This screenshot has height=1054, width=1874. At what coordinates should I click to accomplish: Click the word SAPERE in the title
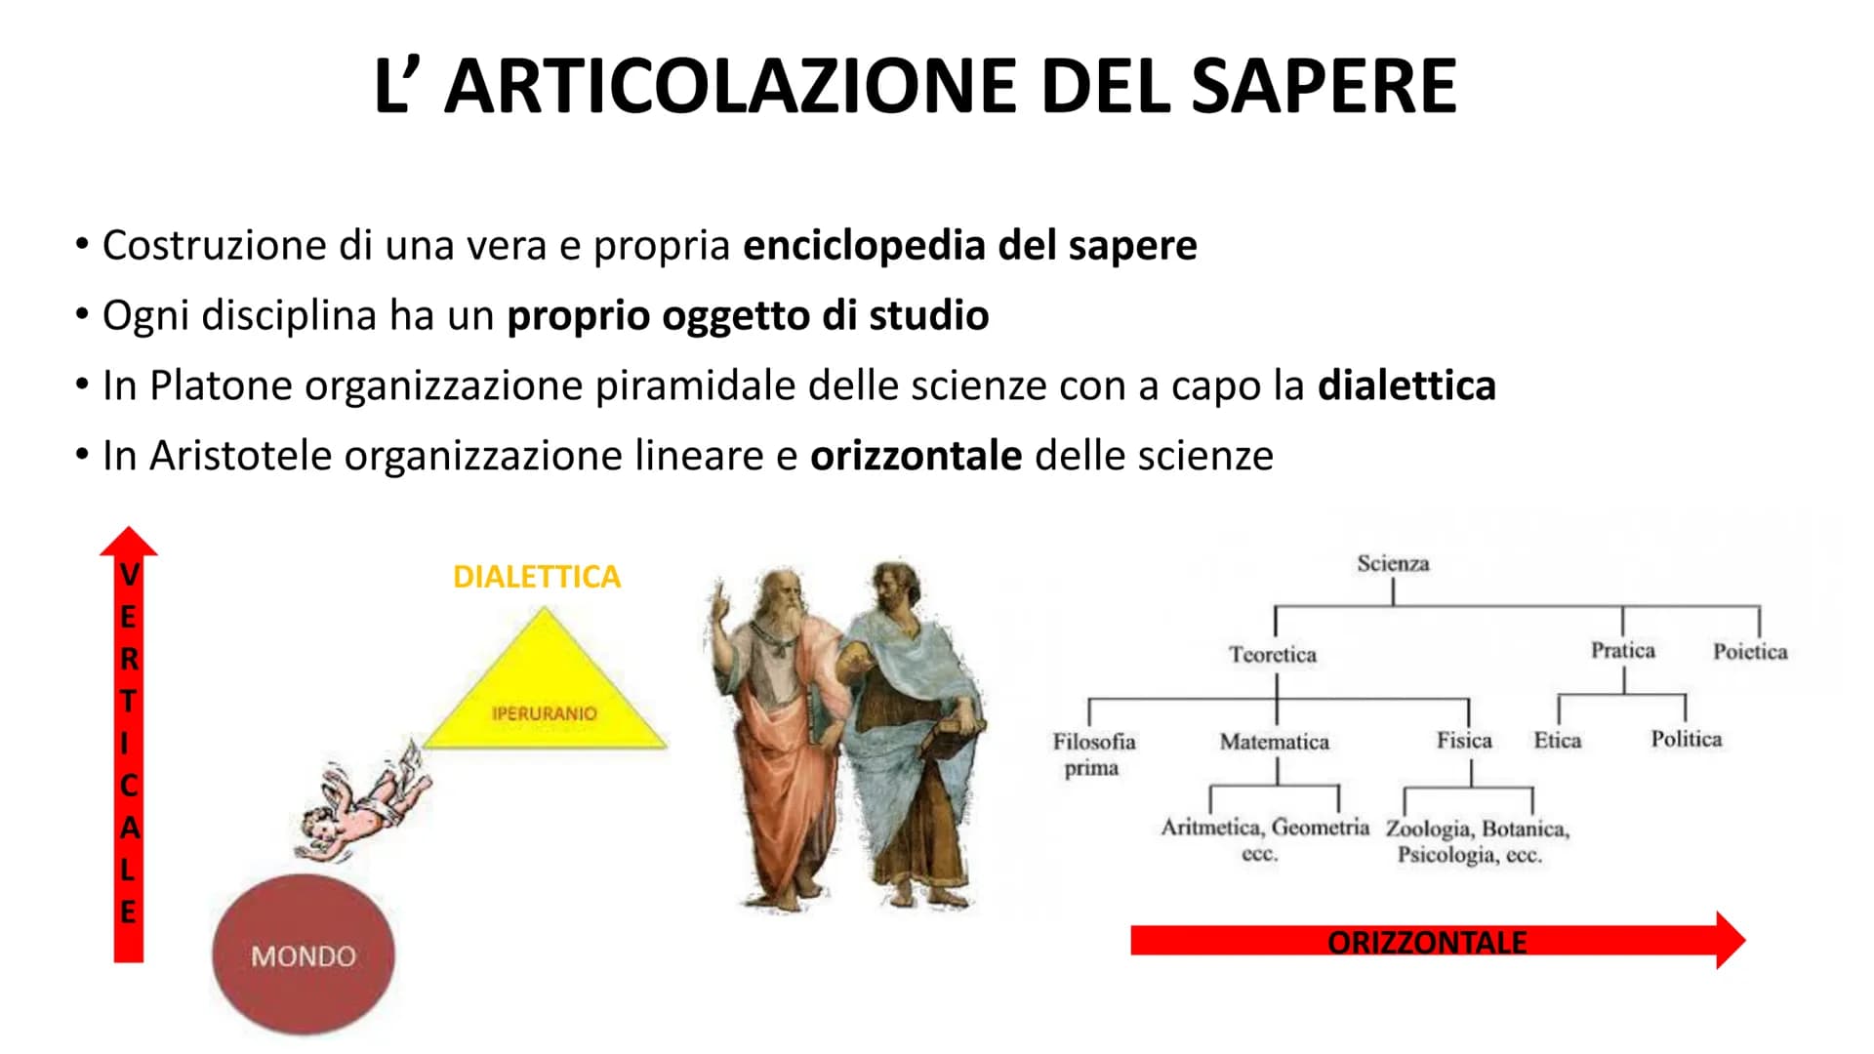point(1324,86)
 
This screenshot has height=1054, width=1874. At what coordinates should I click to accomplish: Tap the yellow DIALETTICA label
point(537,577)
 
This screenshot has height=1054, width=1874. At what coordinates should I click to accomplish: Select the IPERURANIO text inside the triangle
point(544,713)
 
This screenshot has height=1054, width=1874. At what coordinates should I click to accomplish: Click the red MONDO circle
point(304,953)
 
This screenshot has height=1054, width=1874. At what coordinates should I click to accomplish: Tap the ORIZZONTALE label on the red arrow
point(1427,943)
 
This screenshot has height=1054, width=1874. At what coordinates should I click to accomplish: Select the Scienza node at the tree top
point(1393,563)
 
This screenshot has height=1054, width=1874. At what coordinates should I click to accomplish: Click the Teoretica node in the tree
point(1273,654)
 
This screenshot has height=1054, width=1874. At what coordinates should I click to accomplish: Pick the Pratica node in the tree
point(1623,650)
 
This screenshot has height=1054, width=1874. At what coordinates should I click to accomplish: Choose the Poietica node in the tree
point(1750,651)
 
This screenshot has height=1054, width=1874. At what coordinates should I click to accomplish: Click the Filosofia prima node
point(1093,754)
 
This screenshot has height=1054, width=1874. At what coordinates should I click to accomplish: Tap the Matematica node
point(1275,742)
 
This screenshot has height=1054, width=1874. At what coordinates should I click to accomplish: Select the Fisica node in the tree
point(1464,741)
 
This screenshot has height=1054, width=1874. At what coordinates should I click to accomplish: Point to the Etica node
point(1558,741)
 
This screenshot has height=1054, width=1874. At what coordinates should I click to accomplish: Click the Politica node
point(1687,739)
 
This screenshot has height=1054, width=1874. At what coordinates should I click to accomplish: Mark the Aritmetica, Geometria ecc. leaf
point(1265,839)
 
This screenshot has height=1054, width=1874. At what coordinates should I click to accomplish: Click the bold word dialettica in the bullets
point(1406,385)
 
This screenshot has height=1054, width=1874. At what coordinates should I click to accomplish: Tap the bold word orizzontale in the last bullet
point(917,456)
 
